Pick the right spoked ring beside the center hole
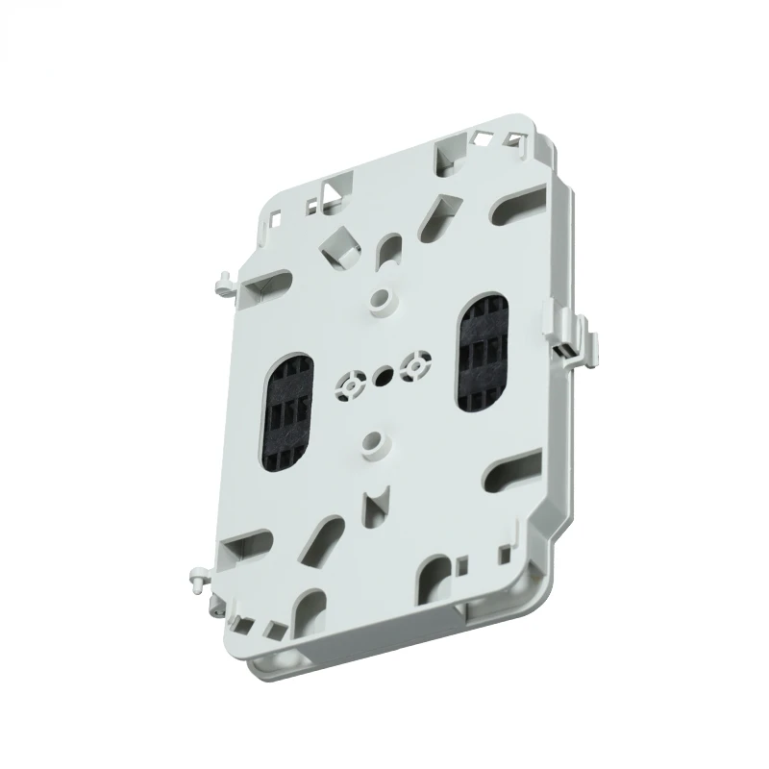[415, 364]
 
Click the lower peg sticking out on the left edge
[198, 578]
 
